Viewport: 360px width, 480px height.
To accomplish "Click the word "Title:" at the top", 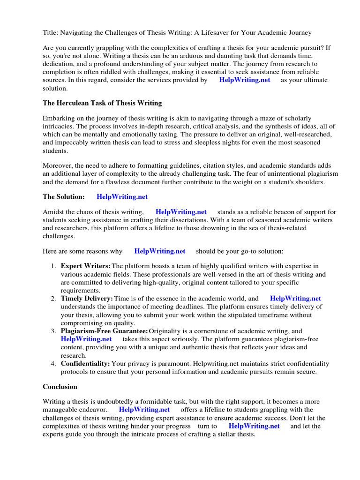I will click(x=51, y=32).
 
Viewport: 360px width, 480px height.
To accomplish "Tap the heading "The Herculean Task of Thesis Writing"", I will click(x=102, y=103).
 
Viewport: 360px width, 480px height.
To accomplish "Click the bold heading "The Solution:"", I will click(x=64, y=196).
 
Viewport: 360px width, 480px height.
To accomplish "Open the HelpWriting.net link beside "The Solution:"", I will click(x=122, y=196).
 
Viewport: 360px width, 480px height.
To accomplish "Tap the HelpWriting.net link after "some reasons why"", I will click(x=159, y=251).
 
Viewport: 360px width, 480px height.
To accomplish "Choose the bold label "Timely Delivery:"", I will click(x=87, y=298).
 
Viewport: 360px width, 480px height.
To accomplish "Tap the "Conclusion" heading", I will click(x=60, y=387).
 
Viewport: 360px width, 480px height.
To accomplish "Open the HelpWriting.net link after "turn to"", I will click(x=254, y=426).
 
